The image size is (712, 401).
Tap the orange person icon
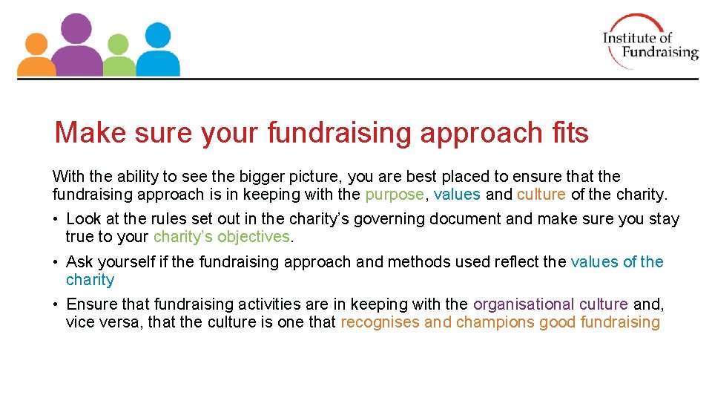pos(35,56)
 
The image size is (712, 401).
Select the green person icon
pos(118,56)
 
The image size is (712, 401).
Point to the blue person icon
pos(157,48)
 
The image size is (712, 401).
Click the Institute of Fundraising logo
pos(650,42)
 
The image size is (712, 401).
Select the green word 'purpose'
pos(395,195)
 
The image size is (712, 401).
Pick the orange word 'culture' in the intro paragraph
pos(541,195)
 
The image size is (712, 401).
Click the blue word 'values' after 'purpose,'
pos(457,195)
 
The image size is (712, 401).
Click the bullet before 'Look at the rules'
pos(56,220)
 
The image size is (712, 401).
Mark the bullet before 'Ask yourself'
pos(56,262)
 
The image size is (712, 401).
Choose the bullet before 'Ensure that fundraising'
pos(56,304)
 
